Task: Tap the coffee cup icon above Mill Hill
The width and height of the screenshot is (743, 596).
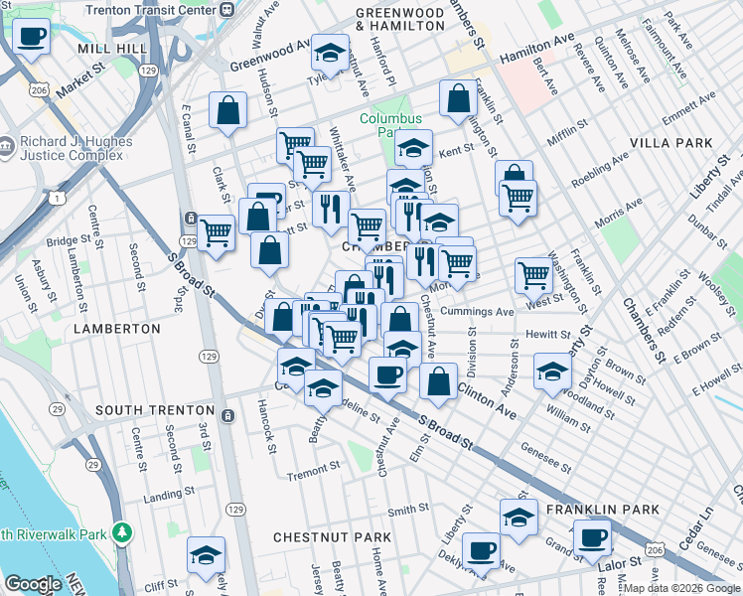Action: [x=32, y=38]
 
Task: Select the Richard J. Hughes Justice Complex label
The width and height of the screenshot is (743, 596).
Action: [x=74, y=149]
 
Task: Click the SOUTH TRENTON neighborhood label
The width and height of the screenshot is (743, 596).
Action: [x=154, y=410]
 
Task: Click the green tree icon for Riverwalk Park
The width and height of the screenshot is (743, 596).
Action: [x=121, y=533]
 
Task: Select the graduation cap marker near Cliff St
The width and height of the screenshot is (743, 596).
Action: [x=206, y=555]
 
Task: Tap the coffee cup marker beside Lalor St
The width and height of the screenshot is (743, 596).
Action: [x=592, y=539]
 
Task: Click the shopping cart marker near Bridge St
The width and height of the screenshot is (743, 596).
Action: [x=217, y=234]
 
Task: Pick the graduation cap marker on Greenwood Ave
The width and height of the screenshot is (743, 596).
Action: [x=331, y=53]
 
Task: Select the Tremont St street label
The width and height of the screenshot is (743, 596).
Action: [x=313, y=477]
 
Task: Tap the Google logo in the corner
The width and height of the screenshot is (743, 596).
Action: [x=32, y=584]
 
